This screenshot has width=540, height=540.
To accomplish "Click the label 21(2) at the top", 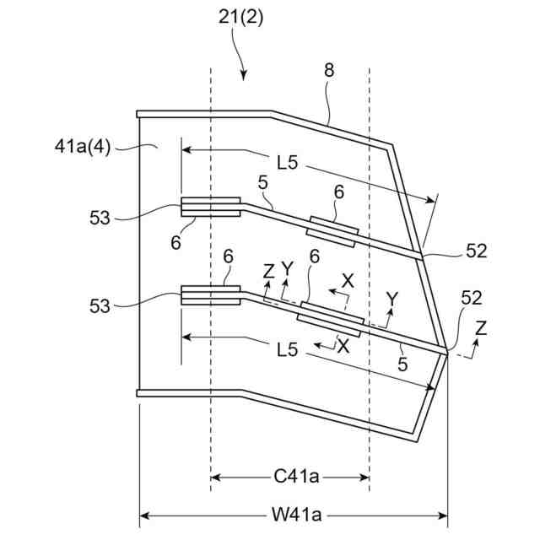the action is click(240, 17).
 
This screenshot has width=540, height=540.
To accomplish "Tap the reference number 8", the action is click(329, 70).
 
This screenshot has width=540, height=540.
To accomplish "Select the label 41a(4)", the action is click(83, 147).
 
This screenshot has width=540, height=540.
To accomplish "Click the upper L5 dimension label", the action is click(288, 162).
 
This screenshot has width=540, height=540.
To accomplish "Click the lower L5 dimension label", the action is click(288, 350).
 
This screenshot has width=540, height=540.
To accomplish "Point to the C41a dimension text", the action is click(296, 477).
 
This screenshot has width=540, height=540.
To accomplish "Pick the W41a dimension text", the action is click(297, 516).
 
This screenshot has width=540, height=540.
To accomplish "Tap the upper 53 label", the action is click(100, 218).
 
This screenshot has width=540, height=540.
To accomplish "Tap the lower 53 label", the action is click(100, 305).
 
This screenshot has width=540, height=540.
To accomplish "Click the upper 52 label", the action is click(477, 251).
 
